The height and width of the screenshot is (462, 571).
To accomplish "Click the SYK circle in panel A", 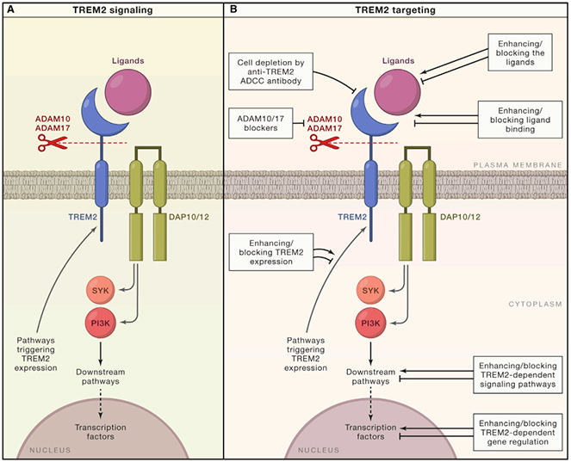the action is tap(100, 290).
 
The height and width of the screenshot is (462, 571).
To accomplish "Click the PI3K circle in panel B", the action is tap(370, 323).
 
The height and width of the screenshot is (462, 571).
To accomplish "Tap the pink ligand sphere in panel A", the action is tap(127, 92).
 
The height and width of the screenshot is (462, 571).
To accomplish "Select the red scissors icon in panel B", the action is tap(324, 143).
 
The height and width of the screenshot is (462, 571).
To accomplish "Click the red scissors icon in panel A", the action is tap(52, 143).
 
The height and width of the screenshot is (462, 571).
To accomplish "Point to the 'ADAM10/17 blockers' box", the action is tap(261, 123).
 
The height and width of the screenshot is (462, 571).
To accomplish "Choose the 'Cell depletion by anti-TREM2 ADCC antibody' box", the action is tap(270, 71).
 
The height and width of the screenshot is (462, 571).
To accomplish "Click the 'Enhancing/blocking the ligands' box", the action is tap(520, 52).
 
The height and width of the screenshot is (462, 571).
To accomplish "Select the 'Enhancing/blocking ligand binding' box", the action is tap(520, 120).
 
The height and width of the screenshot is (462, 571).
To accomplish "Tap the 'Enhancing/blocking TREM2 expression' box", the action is tap(271, 252).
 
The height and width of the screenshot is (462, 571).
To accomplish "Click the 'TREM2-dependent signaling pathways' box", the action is tap(518, 375).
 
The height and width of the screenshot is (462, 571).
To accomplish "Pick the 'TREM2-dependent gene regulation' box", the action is tap(518, 433).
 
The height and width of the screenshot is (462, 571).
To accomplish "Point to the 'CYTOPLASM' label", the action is tap(535, 304).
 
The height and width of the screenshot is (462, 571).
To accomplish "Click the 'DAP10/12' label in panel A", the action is tap(189, 217).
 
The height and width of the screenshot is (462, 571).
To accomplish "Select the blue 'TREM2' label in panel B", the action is tap(352, 217).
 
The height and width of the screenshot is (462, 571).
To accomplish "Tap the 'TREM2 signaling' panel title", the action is tap(113, 9).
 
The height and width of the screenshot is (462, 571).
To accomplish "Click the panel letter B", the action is tap(233, 9).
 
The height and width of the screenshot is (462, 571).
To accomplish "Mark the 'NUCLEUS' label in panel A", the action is tap(50, 450).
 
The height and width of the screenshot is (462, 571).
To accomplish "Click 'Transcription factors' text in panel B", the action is tap(370, 432).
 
